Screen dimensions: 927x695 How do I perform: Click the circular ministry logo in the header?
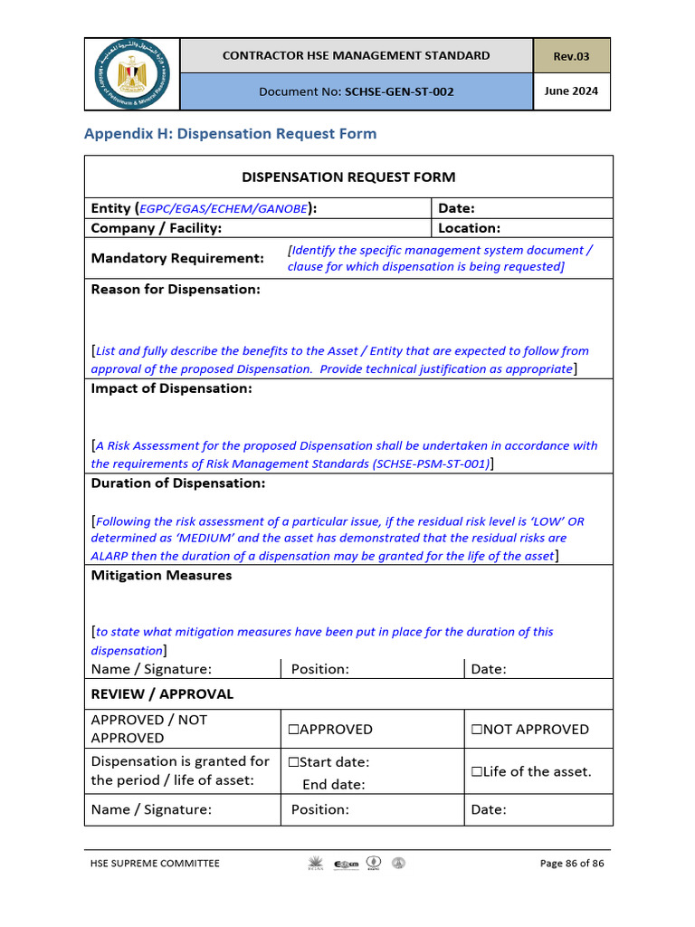[132, 74]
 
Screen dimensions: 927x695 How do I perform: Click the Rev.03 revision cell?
[571, 56]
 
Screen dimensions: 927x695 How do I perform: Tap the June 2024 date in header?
[571, 91]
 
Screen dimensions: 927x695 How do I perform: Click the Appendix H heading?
[230, 134]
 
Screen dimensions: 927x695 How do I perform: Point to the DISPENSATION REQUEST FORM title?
[348, 177]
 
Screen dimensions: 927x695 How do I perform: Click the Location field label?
[469, 228]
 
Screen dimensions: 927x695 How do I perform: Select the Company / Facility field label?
[156, 228]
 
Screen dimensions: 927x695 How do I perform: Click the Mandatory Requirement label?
[177, 258]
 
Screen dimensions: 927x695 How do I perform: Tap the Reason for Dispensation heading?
[176, 290]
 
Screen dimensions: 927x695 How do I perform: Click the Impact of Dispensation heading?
[171, 388]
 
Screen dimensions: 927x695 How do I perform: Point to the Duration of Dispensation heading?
[178, 483]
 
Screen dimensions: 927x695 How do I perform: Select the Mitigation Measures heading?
[161, 576]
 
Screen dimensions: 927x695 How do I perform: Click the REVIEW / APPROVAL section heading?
[162, 694]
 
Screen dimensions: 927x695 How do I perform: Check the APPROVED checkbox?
[294, 730]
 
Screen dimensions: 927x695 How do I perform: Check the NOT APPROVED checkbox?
[476, 730]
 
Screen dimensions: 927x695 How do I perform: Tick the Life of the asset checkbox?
[476, 772]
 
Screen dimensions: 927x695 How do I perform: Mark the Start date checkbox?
[294, 762]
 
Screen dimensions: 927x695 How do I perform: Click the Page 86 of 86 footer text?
[571, 864]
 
